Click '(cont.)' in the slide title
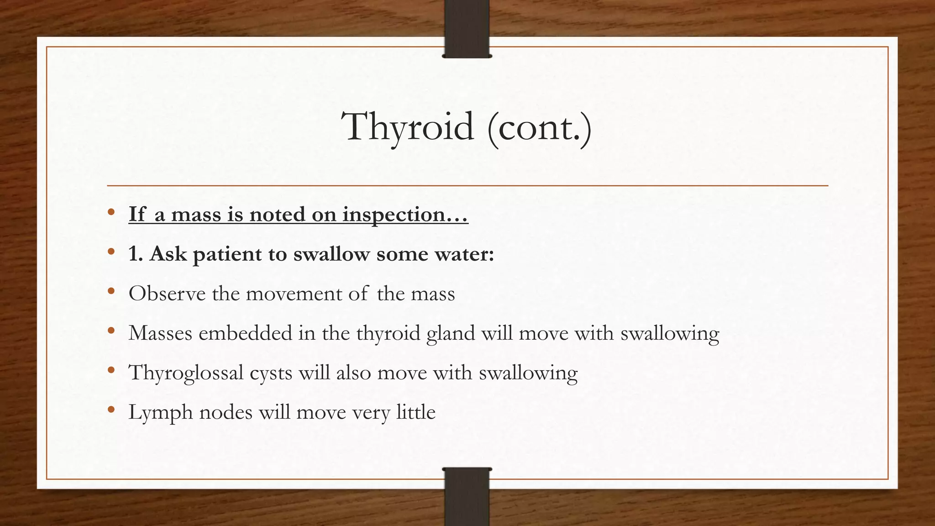point(539,127)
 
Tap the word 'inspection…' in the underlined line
point(405,215)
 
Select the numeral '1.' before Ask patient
point(136,254)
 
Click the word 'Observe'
point(167,294)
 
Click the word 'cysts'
point(271,373)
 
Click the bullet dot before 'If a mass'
point(111,212)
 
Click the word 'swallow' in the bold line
point(331,254)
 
